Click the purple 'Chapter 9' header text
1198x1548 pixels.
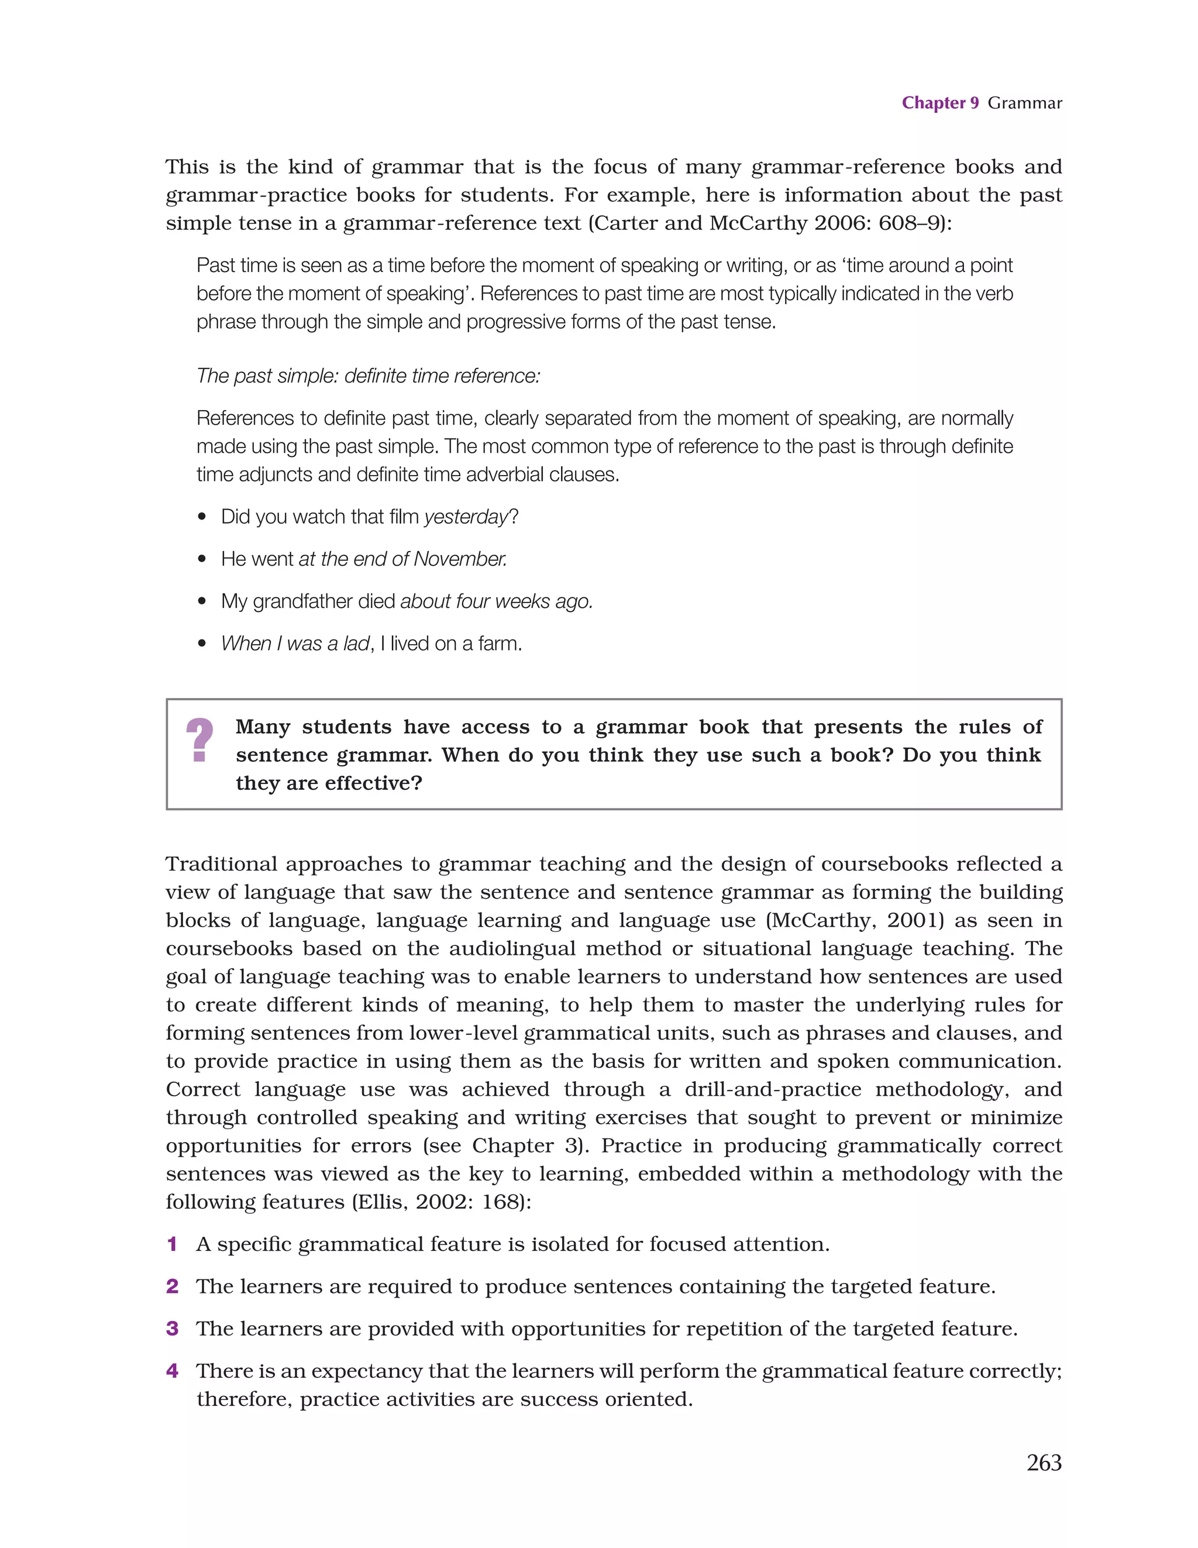(939, 103)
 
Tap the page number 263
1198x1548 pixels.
(1044, 1462)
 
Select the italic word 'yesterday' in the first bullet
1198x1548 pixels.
(466, 517)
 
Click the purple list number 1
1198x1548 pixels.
(172, 1244)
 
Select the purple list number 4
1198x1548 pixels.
(172, 1371)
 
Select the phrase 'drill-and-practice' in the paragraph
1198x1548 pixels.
(773, 1089)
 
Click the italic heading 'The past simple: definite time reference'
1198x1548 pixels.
(368, 376)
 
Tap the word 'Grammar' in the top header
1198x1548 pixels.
(1024, 103)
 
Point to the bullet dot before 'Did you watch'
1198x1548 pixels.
(203, 517)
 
